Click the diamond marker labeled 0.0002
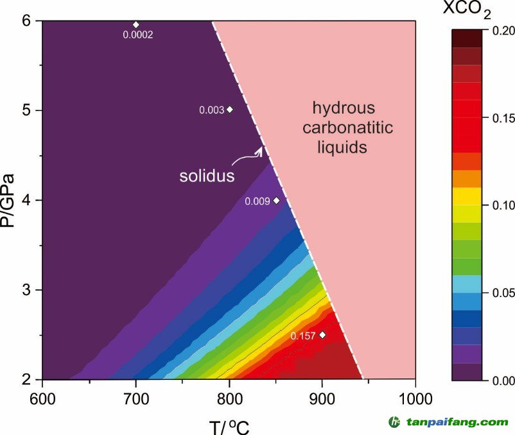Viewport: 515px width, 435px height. point(135,24)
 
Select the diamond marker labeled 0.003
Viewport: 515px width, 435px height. point(230,110)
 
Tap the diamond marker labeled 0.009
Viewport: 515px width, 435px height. point(276,200)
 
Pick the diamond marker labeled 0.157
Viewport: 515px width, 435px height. point(322,335)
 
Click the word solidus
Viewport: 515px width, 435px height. point(206,176)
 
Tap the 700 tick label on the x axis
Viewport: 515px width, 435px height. point(135,398)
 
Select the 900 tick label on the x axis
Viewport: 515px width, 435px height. point(322,398)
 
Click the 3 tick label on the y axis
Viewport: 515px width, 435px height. point(26,290)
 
